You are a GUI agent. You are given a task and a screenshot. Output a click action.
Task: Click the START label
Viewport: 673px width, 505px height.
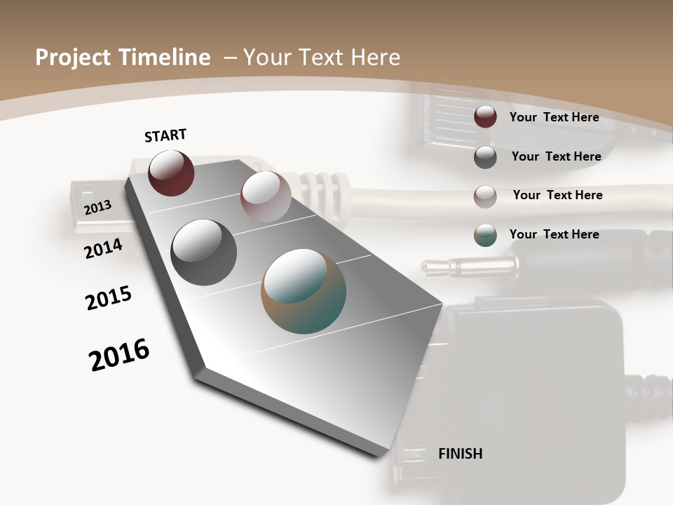pyautogui.click(x=165, y=135)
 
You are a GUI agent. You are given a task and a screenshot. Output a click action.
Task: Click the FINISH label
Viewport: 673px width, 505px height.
pyautogui.click(x=460, y=454)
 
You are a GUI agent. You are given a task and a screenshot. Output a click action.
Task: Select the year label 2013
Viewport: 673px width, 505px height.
pyautogui.click(x=97, y=207)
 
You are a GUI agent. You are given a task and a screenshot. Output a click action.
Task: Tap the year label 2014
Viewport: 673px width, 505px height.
pyautogui.click(x=104, y=248)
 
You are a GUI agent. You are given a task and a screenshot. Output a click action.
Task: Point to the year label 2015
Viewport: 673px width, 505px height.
pyautogui.click(x=109, y=298)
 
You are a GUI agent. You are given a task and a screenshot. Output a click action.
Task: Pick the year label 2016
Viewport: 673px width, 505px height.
pyautogui.click(x=119, y=355)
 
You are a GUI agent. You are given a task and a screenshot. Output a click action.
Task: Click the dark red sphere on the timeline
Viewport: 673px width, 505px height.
pyautogui.click(x=171, y=173)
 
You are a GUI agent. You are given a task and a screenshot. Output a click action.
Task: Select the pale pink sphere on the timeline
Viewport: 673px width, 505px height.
pyautogui.click(x=266, y=196)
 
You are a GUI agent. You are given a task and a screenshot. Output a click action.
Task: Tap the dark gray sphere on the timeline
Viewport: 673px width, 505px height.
pyautogui.click(x=204, y=252)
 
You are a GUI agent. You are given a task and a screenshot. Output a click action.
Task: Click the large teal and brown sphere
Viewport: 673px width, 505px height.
pyautogui.click(x=304, y=291)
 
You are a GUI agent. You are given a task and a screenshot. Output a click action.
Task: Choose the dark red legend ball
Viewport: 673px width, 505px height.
pyautogui.click(x=485, y=117)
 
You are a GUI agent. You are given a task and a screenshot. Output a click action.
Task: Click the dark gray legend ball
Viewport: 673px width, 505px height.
pyautogui.click(x=485, y=156)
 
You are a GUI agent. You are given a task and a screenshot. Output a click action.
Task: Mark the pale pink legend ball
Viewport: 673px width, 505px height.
pyautogui.click(x=485, y=196)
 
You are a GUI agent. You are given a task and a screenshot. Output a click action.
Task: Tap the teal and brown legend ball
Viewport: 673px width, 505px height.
pyautogui.click(x=485, y=235)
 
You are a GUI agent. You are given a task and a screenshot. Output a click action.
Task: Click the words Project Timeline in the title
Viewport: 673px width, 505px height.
pyautogui.click(x=123, y=58)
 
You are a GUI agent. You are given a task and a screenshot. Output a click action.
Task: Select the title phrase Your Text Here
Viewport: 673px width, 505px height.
pyautogui.click(x=321, y=58)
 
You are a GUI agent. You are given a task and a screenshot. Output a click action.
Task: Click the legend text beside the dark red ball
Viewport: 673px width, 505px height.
pyautogui.click(x=554, y=117)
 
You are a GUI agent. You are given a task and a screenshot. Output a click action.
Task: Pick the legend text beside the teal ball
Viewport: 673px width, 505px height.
pyautogui.click(x=554, y=234)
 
